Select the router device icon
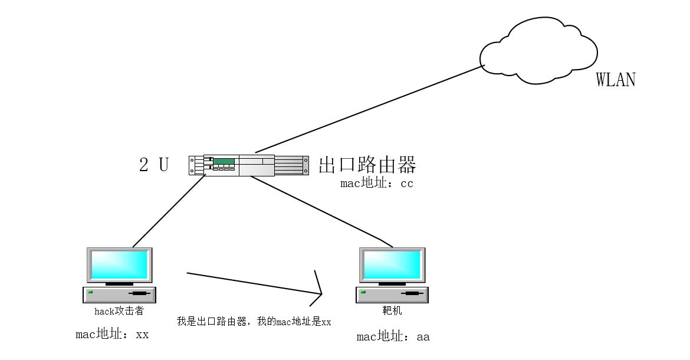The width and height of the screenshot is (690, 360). [x=249, y=165]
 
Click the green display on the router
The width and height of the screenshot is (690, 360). [x=224, y=161]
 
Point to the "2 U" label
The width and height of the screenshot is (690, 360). [x=153, y=165]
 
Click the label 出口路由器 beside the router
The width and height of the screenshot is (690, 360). [x=367, y=165]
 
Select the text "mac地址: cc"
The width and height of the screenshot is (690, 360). [x=377, y=184]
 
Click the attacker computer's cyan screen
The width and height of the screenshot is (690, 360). [x=119, y=265]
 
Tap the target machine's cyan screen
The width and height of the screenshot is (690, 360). [x=392, y=265]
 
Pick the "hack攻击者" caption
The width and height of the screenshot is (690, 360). [x=119, y=311]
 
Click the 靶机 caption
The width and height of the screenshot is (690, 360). [x=392, y=311]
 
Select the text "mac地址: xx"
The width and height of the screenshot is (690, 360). [x=112, y=335]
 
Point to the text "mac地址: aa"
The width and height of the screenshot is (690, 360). [x=393, y=337]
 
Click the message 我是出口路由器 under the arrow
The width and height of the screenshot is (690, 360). [x=254, y=322]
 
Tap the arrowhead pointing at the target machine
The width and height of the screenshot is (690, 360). [x=320, y=292]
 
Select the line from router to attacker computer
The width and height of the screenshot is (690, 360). [x=168, y=211]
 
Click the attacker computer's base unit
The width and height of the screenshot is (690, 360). [x=120, y=294]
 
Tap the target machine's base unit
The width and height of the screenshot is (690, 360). [x=392, y=294]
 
